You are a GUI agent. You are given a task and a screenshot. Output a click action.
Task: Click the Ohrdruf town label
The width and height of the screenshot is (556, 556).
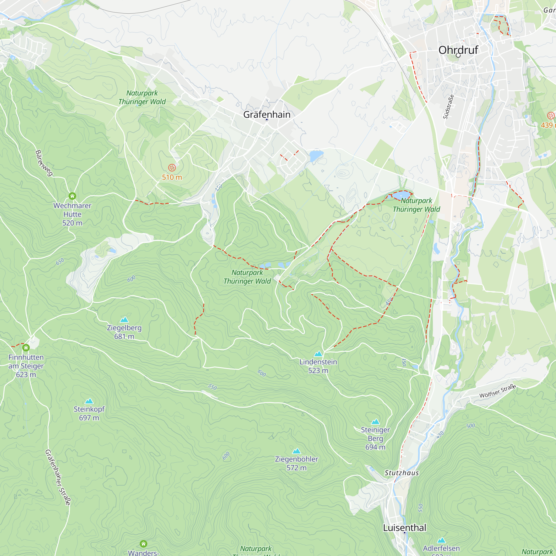click(x=458, y=50)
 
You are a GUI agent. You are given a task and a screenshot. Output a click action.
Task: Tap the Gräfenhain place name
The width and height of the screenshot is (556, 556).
click(x=267, y=115)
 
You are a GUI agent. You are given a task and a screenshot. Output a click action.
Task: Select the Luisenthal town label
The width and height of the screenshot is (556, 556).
click(x=404, y=528)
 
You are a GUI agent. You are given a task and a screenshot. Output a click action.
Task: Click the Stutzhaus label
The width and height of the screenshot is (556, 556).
click(x=401, y=473)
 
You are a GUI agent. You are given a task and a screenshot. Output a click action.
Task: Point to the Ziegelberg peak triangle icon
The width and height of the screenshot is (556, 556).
click(x=124, y=319)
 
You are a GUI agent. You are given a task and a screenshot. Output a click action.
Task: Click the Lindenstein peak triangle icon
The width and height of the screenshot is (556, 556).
click(x=318, y=354)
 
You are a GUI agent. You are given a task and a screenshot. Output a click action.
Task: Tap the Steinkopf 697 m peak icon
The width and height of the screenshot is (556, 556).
click(x=89, y=401)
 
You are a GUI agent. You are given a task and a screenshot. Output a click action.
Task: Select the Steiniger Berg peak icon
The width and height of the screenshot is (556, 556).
click(x=375, y=422)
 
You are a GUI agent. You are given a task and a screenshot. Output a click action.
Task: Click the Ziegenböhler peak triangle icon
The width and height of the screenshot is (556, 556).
click(x=296, y=451)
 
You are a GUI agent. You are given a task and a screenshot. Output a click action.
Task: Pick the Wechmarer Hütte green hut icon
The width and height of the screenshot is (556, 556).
click(x=72, y=196)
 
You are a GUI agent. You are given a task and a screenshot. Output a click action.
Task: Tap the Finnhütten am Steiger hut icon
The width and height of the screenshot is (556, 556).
click(x=26, y=348)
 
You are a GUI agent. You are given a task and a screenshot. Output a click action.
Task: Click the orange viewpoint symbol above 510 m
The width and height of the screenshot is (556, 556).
click(x=172, y=167)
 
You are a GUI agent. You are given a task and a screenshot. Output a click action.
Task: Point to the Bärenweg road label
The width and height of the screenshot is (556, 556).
click(x=44, y=163)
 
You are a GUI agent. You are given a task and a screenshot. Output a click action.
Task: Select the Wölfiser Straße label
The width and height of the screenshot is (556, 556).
click(x=498, y=391)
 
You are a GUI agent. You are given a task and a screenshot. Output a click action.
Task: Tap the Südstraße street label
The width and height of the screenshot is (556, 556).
click(x=448, y=107)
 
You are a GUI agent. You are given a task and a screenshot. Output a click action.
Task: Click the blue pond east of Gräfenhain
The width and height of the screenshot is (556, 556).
click(x=316, y=156)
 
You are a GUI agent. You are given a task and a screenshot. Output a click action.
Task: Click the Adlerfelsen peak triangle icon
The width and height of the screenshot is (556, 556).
click(x=441, y=540)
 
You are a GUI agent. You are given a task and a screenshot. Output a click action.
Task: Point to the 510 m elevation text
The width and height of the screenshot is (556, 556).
click(x=172, y=177)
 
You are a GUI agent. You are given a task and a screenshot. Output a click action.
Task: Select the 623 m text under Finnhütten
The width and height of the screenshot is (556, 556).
click(x=26, y=374)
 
